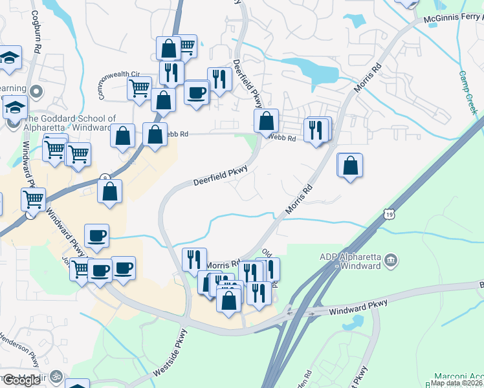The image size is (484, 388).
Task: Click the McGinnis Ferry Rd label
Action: [453, 20]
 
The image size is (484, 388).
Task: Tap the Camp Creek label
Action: [469, 92]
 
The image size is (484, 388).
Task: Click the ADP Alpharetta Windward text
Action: [350, 261]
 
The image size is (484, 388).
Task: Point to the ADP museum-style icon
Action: [391, 261]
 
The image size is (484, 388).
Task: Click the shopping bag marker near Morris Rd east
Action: [350, 165]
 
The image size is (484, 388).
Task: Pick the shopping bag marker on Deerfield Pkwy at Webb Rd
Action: [266, 120]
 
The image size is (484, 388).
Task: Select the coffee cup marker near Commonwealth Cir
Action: [196, 92]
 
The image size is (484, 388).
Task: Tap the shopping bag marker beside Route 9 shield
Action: [110, 191]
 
